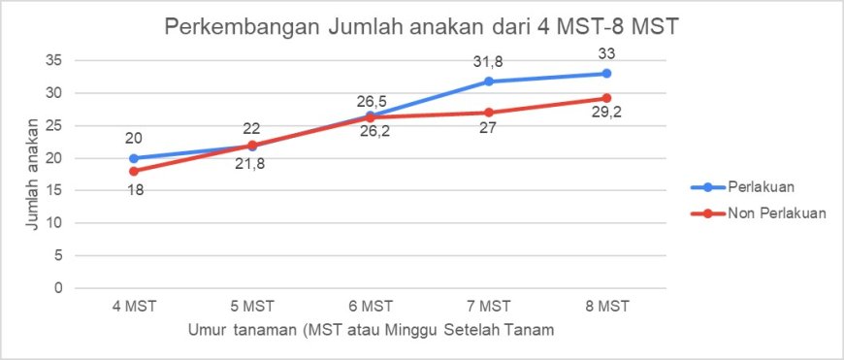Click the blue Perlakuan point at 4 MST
(x=134, y=158)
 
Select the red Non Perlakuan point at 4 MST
(x=134, y=171)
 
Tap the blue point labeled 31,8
(x=489, y=82)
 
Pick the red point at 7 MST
(x=489, y=113)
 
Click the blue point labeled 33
(x=606, y=73)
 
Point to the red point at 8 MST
(x=606, y=98)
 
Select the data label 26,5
(x=370, y=102)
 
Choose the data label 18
(x=134, y=189)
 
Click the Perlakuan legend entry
(x=744, y=187)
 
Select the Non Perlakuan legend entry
(x=759, y=213)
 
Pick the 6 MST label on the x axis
(x=371, y=307)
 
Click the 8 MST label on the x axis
(x=606, y=307)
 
